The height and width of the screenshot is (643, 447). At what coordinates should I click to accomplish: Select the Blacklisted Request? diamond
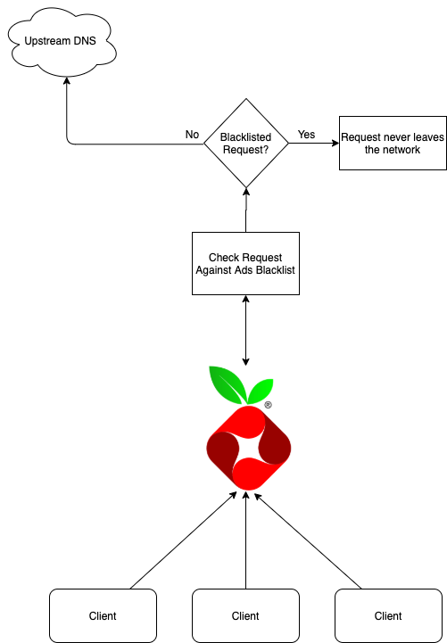(x=245, y=144)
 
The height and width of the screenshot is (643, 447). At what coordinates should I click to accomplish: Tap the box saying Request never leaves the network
(x=392, y=143)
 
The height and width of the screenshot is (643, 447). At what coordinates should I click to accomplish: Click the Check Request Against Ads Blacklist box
(x=245, y=263)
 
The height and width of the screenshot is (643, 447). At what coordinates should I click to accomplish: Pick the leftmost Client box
(x=103, y=615)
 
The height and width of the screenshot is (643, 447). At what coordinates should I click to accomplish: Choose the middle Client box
(x=245, y=615)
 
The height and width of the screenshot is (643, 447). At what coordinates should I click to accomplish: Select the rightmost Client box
(x=388, y=615)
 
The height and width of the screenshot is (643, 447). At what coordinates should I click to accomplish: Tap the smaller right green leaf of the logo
(x=261, y=390)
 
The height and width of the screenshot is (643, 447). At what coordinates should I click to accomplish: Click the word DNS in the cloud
(x=86, y=41)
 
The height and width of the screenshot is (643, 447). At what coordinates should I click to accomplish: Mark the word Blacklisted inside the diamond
(x=245, y=138)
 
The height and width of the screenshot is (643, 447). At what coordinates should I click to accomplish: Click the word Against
(x=215, y=269)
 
